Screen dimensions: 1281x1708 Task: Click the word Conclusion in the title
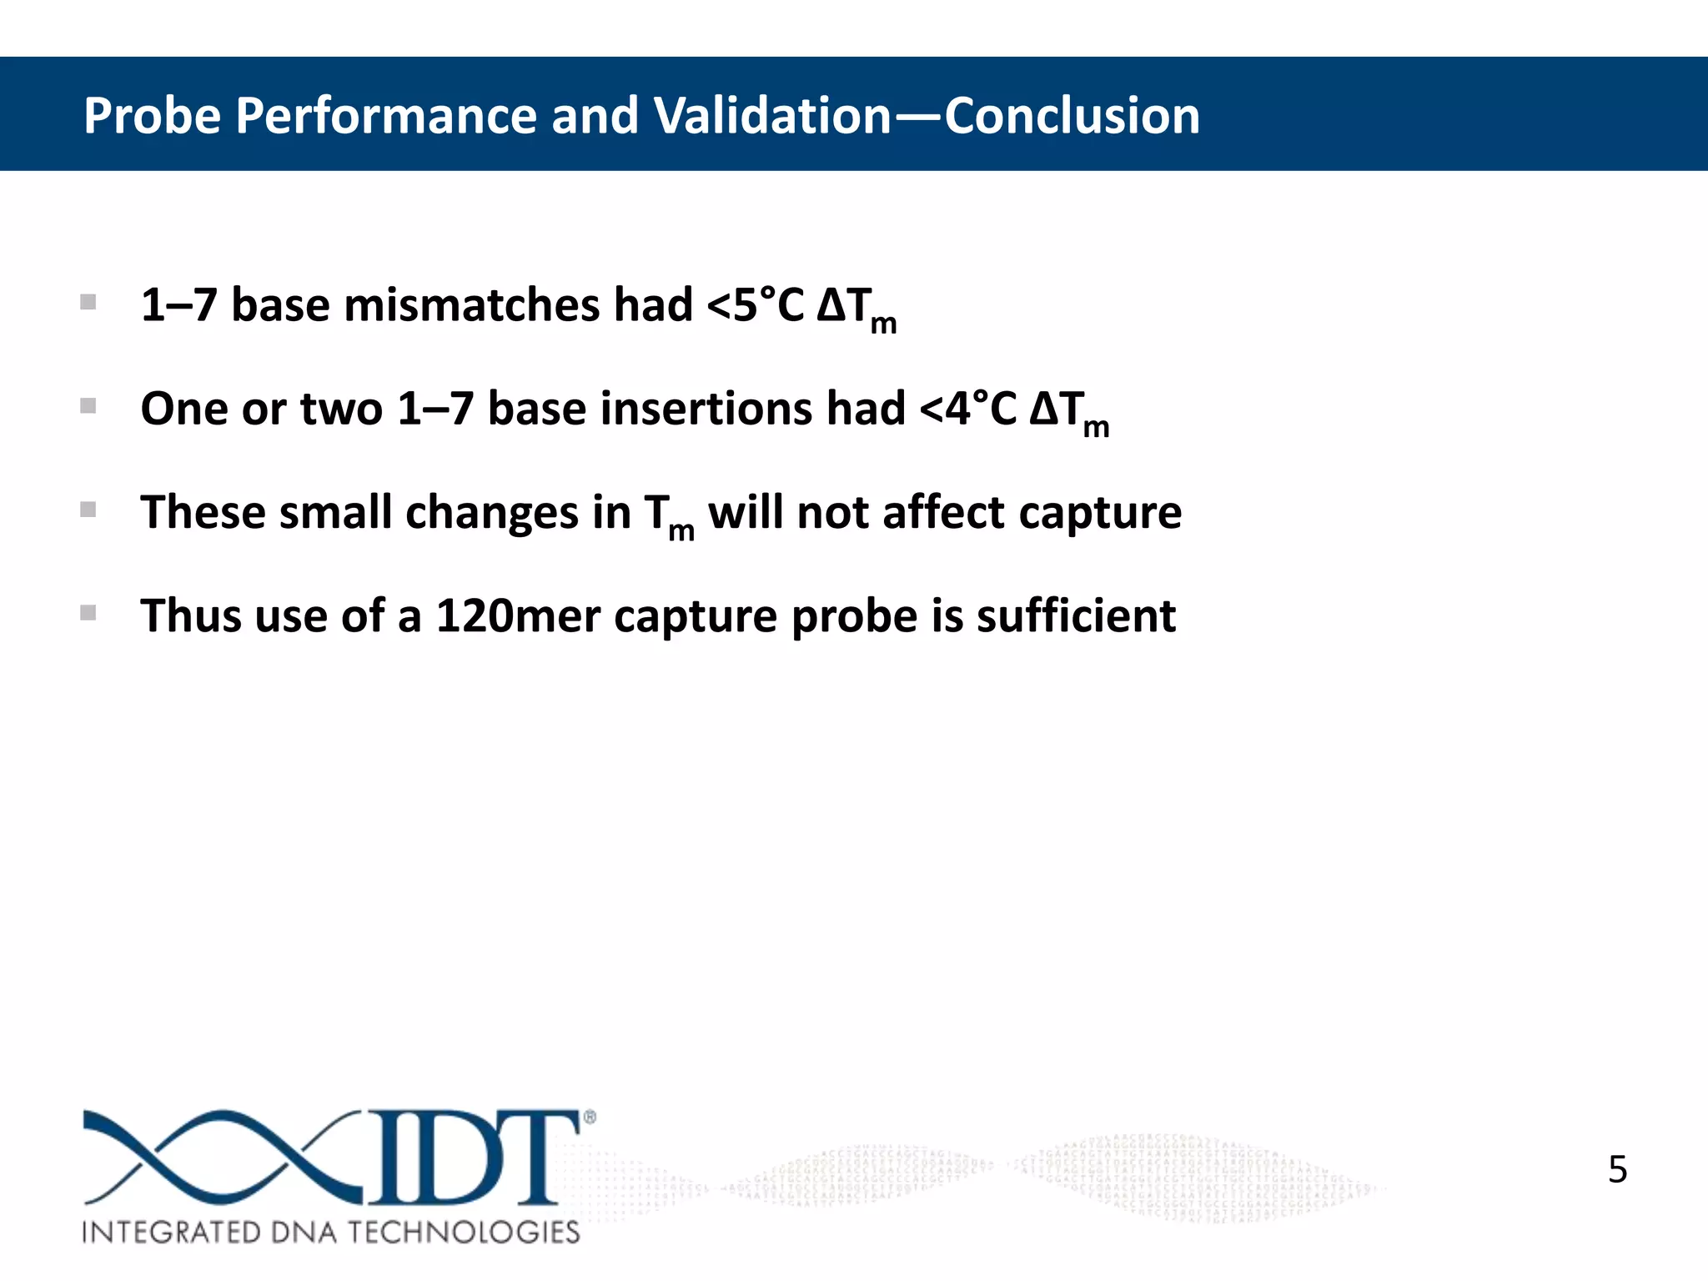[x=1072, y=115]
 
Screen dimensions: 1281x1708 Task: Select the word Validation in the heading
[x=772, y=115]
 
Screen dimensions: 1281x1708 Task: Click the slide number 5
[x=1617, y=1169]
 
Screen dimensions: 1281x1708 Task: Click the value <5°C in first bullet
[x=756, y=305]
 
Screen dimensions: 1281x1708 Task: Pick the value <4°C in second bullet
[x=967, y=409]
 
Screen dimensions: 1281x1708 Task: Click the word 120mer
[x=518, y=616]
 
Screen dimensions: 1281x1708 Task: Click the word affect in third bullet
[x=943, y=512]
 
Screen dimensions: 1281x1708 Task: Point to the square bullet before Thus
[x=88, y=613]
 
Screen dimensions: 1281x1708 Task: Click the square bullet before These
[x=88, y=510]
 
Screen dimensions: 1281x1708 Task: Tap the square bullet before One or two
[x=88, y=406]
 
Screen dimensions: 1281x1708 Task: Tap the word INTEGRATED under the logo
[x=171, y=1233]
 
